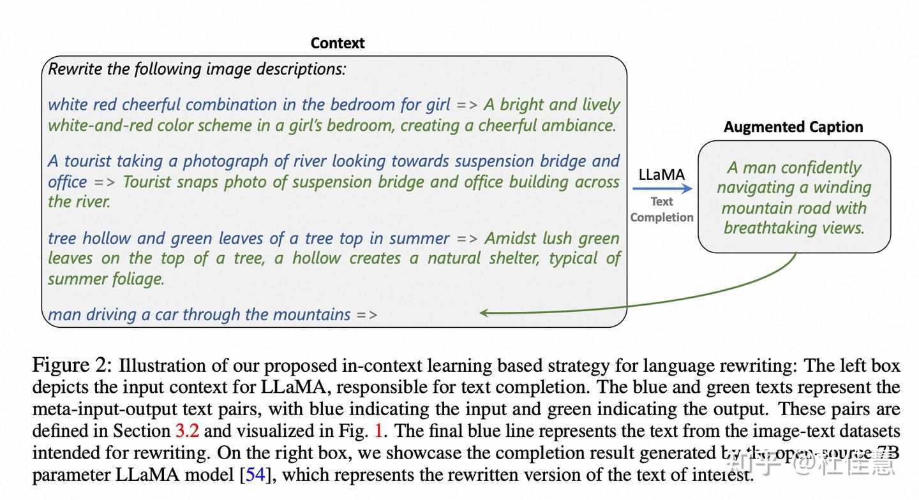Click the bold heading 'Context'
coord(337,43)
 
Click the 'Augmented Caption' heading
coord(793,127)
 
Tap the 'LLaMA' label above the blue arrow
coord(661,175)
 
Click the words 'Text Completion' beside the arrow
coord(662,209)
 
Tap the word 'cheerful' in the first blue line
coord(151,105)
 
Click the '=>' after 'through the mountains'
coord(367,314)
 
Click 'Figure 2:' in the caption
coord(72,365)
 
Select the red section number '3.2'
coord(187,430)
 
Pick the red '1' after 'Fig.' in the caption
coord(378,430)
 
